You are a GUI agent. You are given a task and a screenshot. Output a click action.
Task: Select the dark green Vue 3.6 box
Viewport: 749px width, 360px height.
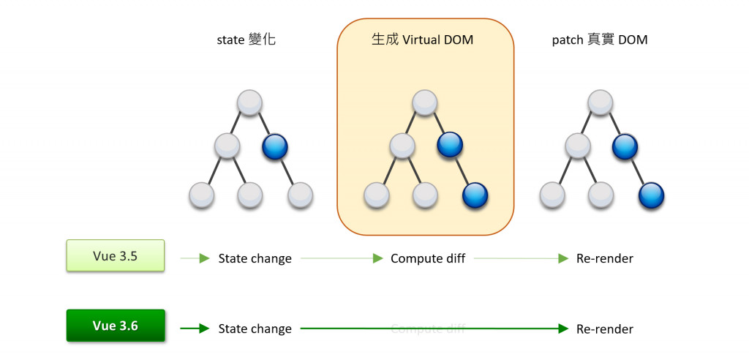[x=115, y=326]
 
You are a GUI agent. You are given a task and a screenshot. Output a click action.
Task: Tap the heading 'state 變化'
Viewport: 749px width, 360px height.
[x=246, y=40]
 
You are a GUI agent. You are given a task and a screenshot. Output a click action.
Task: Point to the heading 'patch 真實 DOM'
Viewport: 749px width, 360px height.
[x=599, y=40]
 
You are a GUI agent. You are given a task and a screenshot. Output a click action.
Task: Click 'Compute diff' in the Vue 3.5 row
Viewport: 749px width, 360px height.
[x=428, y=258]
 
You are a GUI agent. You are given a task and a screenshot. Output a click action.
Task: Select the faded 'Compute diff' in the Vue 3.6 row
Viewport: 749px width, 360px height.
[x=428, y=329]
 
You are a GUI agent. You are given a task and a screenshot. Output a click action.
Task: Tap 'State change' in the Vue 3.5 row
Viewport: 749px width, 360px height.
[x=255, y=258]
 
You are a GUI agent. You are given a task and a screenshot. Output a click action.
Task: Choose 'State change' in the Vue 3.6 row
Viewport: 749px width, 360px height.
[x=255, y=329]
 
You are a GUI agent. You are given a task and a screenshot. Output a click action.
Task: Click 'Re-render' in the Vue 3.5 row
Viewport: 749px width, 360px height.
[x=604, y=258]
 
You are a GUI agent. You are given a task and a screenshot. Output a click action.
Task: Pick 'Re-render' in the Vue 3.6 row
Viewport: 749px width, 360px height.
[x=604, y=329]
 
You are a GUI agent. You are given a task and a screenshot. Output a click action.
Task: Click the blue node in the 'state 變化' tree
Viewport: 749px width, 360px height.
[x=275, y=146]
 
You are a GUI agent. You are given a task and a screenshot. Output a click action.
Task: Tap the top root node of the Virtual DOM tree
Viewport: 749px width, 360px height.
[x=425, y=102]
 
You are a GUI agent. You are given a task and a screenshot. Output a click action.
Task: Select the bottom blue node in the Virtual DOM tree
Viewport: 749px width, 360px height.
[x=475, y=195]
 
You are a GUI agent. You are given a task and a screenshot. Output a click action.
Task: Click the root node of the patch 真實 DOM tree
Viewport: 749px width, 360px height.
[x=601, y=102]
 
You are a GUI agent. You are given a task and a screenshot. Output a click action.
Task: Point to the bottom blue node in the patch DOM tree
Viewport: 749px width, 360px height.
[x=650, y=195]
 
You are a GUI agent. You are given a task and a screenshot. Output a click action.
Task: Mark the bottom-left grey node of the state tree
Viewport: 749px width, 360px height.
[x=201, y=195]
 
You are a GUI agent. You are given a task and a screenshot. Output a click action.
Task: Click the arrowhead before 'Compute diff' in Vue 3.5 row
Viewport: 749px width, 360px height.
[x=377, y=258]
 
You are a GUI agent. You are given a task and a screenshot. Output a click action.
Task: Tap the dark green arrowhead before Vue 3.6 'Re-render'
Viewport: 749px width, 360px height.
[x=563, y=329]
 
